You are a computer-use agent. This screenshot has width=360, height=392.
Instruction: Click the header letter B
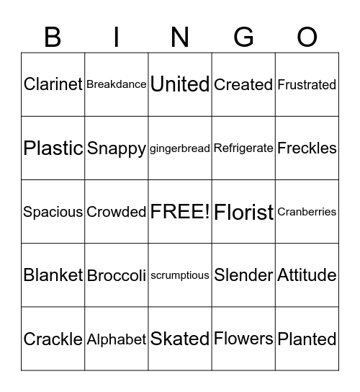pyautogui.click(x=53, y=37)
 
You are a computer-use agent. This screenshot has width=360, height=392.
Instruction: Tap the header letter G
pyautogui.click(x=243, y=37)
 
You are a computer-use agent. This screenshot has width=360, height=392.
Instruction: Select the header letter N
pyautogui.click(x=180, y=37)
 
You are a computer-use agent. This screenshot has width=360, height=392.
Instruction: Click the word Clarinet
pyautogui.click(x=53, y=84)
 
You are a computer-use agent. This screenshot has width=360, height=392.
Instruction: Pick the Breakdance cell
pyautogui.click(x=117, y=84)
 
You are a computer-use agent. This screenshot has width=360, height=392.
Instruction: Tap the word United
pyautogui.click(x=180, y=84)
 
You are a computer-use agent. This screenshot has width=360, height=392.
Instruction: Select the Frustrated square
pyautogui.click(x=307, y=84)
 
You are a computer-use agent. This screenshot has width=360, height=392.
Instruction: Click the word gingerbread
pyautogui.click(x=180, y=148)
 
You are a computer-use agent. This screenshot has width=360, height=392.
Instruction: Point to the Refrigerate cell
pyautogui.click(x=243, y=148)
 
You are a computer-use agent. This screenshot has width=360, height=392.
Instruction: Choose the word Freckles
pyautogui.click(x=307, y=148)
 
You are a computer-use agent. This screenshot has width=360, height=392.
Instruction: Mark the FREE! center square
pyautogui.click(x=180, y=212)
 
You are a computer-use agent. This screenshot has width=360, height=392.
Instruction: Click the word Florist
pyautogui.click(x=243, y=212)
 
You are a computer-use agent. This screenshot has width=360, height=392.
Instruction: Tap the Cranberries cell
pyautogui.click(x=307, y=212)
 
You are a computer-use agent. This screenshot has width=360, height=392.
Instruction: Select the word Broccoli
pyautogui.click(x=117, y=275)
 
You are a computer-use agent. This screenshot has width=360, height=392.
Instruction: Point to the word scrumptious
pyautogui.click(x=180, y=275)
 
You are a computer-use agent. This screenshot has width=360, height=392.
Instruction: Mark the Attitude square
pyautogui.click(x=307, y=275)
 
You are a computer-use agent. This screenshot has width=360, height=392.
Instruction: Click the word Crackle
pyautogui.click(x=53, y=339)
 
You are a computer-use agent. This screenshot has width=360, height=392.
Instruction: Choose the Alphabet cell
pyautogui.click(x=117, y=339)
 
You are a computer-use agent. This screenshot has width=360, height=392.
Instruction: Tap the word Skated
pyautogui.click(x=180, y=339)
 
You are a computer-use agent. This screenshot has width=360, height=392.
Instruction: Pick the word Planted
pyautogui.click(x=307, y=339)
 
